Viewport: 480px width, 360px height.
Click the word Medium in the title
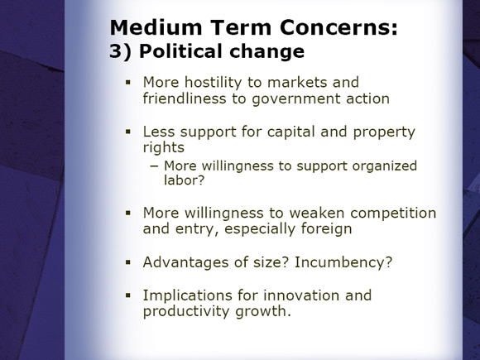click(156, 27)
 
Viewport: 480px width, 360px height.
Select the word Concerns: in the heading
click(338, 27)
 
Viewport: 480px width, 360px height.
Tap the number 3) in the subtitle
click(120, 51)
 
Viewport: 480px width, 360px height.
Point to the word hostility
click(214, 83)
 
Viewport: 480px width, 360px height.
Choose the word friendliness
click(185, 98)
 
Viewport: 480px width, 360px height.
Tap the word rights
click(164, 148)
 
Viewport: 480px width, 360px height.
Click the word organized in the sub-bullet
click(385, 166)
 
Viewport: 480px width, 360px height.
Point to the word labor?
click(184, 180)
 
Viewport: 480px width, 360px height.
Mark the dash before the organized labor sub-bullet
click(155, 166)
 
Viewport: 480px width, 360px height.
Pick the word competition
click(393, 213)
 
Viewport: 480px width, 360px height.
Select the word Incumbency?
click(343, 262)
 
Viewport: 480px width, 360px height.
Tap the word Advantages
click(186, 262)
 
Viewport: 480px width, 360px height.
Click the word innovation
click(301, 295)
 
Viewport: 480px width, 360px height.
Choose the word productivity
click(186, 311)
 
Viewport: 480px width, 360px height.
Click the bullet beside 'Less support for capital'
click(128, 132)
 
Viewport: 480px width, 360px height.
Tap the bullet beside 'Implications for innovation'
click(128, 295)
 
